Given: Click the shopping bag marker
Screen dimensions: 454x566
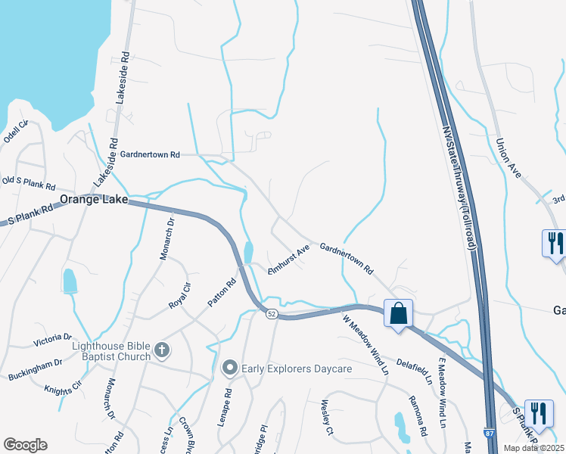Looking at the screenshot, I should point(398,313).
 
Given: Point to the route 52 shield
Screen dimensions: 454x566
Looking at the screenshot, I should point(271,313).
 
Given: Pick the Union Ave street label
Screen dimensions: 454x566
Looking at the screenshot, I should point(508,157).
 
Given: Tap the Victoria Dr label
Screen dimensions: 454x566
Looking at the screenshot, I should point(52,340).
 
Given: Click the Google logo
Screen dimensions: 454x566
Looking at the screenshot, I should point(25,445).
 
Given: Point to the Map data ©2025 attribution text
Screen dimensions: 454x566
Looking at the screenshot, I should point(533,448).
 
